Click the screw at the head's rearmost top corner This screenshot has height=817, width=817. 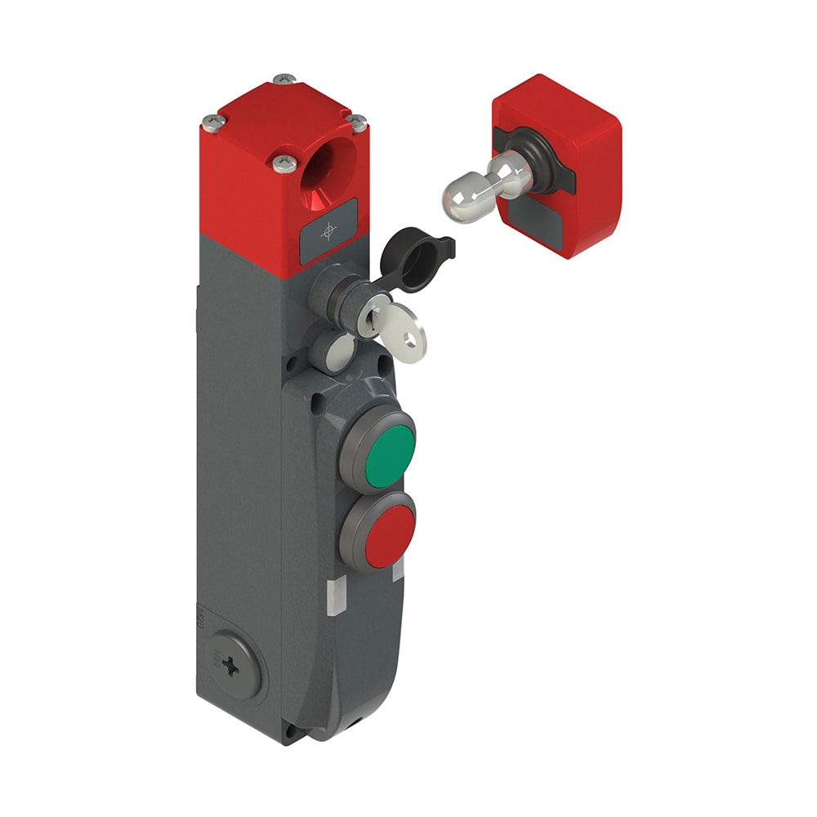coord(283,79)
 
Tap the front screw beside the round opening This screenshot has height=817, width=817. coord(283,163)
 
